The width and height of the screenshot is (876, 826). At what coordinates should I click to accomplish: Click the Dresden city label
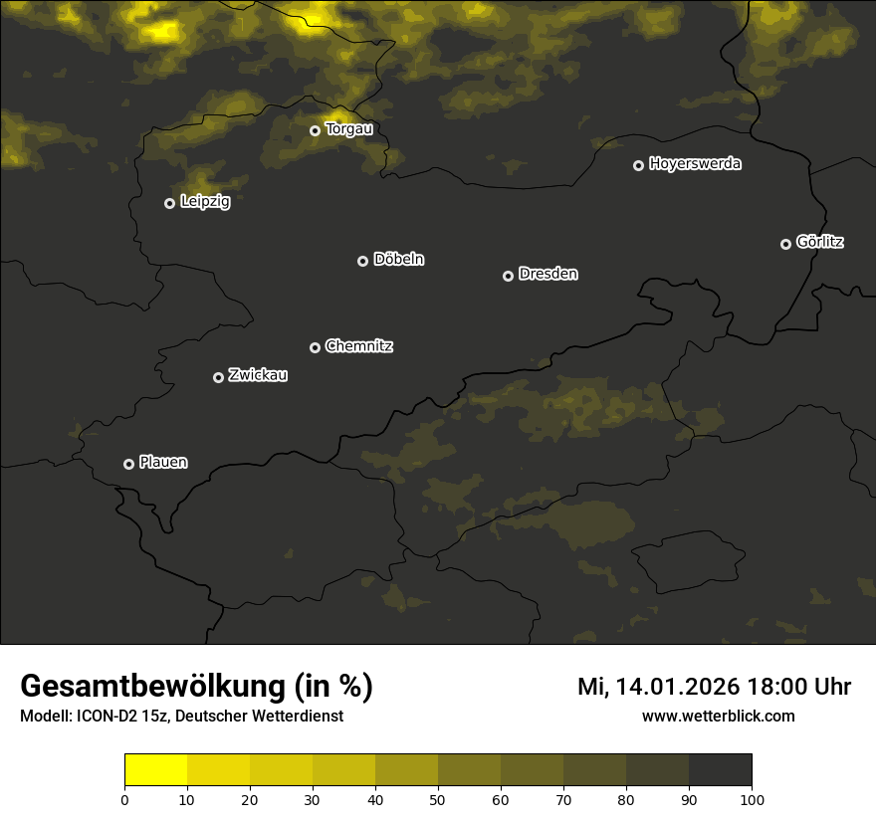coord(548,274)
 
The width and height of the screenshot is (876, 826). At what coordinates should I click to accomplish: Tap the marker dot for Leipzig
coord(169,203)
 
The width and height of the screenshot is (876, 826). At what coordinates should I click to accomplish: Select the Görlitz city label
coord(820,242)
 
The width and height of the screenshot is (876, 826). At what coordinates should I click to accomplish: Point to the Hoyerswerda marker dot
coord(638,165)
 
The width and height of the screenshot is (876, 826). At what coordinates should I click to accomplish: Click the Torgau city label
coord(348,128)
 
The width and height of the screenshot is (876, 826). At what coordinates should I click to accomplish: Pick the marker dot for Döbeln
coord(362,261)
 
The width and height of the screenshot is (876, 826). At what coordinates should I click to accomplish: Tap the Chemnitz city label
coord(359,346)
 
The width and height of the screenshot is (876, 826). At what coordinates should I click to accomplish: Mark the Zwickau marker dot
coord(218,377)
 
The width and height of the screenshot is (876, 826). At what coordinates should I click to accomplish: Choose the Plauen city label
coord(163,463)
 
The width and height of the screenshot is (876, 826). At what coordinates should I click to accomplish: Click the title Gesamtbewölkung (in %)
coord(196,687)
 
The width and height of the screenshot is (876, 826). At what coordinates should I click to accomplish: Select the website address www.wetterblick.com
coord(718,717)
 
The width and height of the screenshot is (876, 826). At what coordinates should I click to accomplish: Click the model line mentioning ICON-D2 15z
coord(181,717)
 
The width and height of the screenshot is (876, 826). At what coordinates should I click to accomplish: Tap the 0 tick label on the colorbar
coord(124,799)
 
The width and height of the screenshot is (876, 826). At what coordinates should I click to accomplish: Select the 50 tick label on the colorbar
coord(438,799)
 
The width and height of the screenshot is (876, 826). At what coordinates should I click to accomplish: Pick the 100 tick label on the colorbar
coord(752,799)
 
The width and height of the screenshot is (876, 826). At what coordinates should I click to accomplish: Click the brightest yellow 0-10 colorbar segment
coord(155,770)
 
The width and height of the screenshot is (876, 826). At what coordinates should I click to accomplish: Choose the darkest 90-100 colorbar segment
coord(720,770)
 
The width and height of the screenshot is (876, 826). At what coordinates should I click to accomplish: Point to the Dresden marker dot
coord(508,276)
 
